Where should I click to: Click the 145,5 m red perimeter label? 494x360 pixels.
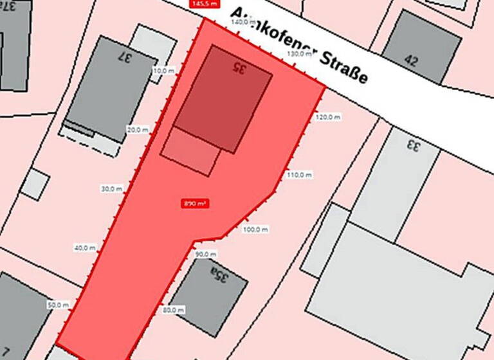(203, 3)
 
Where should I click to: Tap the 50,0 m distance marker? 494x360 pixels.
(58, 305)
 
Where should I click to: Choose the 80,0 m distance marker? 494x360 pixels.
(173, 310)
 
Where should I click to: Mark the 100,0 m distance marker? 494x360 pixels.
(254, 229)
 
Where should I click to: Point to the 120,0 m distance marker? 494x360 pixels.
(327, 117)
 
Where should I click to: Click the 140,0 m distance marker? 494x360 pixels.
(242, 22)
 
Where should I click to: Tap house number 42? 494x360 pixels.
(412, 61)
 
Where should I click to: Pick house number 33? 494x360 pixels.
(412, 145)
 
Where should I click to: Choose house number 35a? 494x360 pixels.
(218, 277)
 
